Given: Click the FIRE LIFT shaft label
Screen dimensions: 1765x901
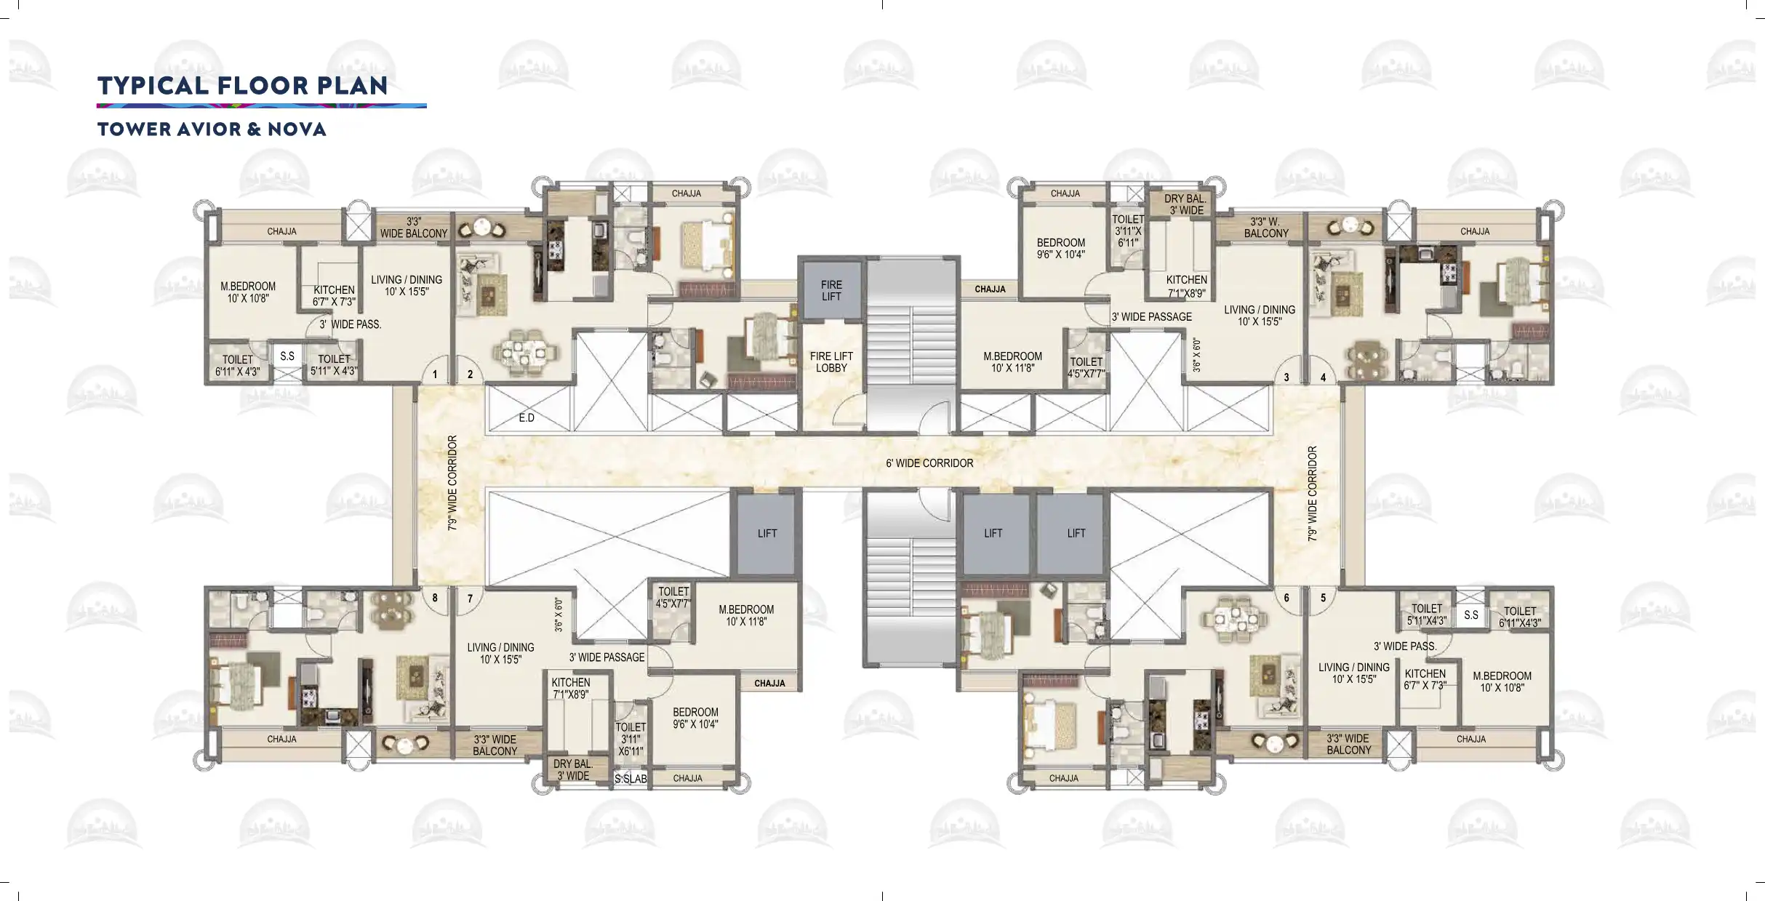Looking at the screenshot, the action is [831, 291].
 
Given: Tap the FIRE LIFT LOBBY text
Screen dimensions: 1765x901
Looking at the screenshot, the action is [831, 362].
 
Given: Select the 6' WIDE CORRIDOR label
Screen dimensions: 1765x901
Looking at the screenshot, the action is [929, 463].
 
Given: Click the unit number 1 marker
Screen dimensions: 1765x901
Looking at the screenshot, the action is [435, 375].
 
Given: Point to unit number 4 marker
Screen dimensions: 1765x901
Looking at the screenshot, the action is [1323, 377].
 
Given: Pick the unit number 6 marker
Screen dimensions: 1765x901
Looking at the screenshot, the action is [1286, 598].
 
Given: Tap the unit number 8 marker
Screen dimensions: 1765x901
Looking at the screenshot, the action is [435, 598].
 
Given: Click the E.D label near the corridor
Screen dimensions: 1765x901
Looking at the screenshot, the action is [527, 418].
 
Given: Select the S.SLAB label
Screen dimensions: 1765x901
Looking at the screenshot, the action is [631, 779].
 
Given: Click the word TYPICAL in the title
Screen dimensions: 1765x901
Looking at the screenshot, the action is [153, 86].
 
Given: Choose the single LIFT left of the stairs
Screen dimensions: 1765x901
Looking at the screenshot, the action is [767, 533].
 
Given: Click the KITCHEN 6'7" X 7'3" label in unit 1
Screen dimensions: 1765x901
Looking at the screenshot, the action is [335, 295].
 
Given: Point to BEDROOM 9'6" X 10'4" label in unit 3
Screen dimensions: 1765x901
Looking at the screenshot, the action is [1061, 249].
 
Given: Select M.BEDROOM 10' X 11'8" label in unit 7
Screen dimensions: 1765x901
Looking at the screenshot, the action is [746, 615].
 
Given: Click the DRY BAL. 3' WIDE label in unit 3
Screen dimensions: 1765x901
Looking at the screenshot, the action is [1185, 204].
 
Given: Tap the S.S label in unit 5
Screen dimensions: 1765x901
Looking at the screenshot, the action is [1471, 615].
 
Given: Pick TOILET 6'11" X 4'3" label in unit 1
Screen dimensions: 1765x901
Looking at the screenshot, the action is [238, 365].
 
